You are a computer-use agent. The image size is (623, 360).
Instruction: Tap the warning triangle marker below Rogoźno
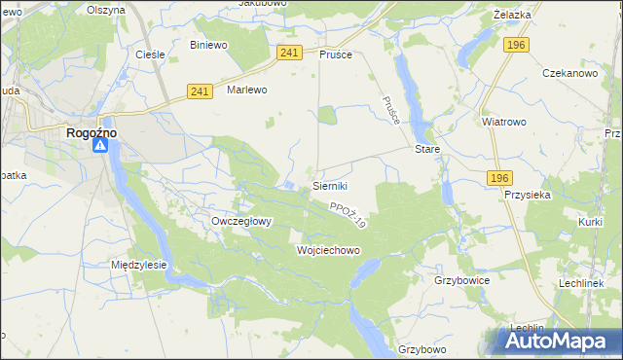[101, 146]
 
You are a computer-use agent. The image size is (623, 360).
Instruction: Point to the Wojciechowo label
[328, 250]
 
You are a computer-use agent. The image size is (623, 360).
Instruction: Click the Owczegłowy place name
[241, 221]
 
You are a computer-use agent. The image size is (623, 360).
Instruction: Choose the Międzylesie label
[139, 265]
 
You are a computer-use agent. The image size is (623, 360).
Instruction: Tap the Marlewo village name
[246, 90]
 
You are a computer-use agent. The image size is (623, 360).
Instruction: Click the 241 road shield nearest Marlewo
[201, 91]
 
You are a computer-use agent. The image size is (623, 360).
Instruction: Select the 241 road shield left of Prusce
[288, 53]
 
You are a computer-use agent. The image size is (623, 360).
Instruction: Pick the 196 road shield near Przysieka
[499, 177]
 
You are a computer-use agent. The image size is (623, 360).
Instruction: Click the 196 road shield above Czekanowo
[516, 45]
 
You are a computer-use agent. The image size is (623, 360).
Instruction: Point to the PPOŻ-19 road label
[348, 216]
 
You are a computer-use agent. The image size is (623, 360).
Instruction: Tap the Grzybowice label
[461, 279]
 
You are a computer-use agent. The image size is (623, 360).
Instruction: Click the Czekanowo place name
[568, 74]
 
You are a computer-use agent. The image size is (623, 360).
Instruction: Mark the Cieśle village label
[150, 54]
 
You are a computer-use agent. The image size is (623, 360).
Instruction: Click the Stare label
[428, 150]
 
